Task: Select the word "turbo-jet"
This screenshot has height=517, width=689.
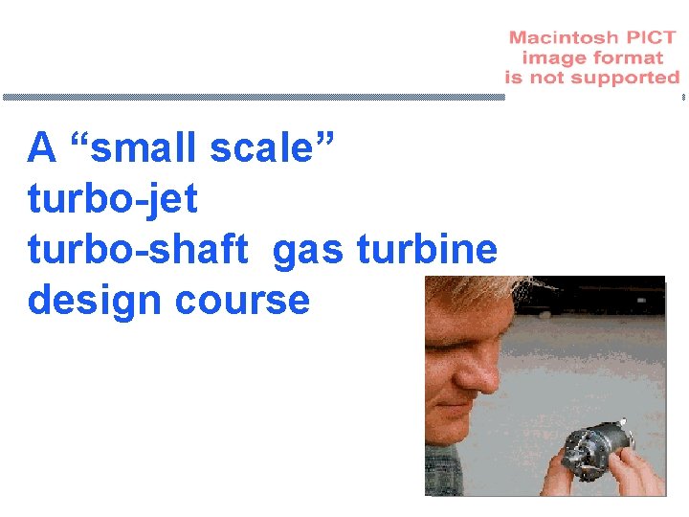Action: pyautogui.click(x=113, y=199)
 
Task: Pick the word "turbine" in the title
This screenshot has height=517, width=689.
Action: pyautogui.click(x=427, y=250)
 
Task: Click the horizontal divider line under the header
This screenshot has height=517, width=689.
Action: pyautogui.click(x=254, y=97)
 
